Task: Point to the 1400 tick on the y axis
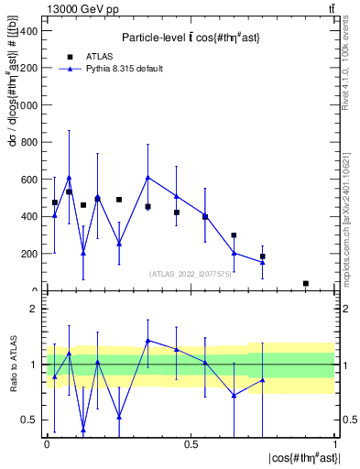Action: coord(28,30)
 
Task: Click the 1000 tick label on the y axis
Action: coord(28,105)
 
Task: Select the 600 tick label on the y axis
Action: coord(31,180)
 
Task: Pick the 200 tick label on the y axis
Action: coord(31,254)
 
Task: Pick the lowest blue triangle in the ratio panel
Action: coord(83,429)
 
